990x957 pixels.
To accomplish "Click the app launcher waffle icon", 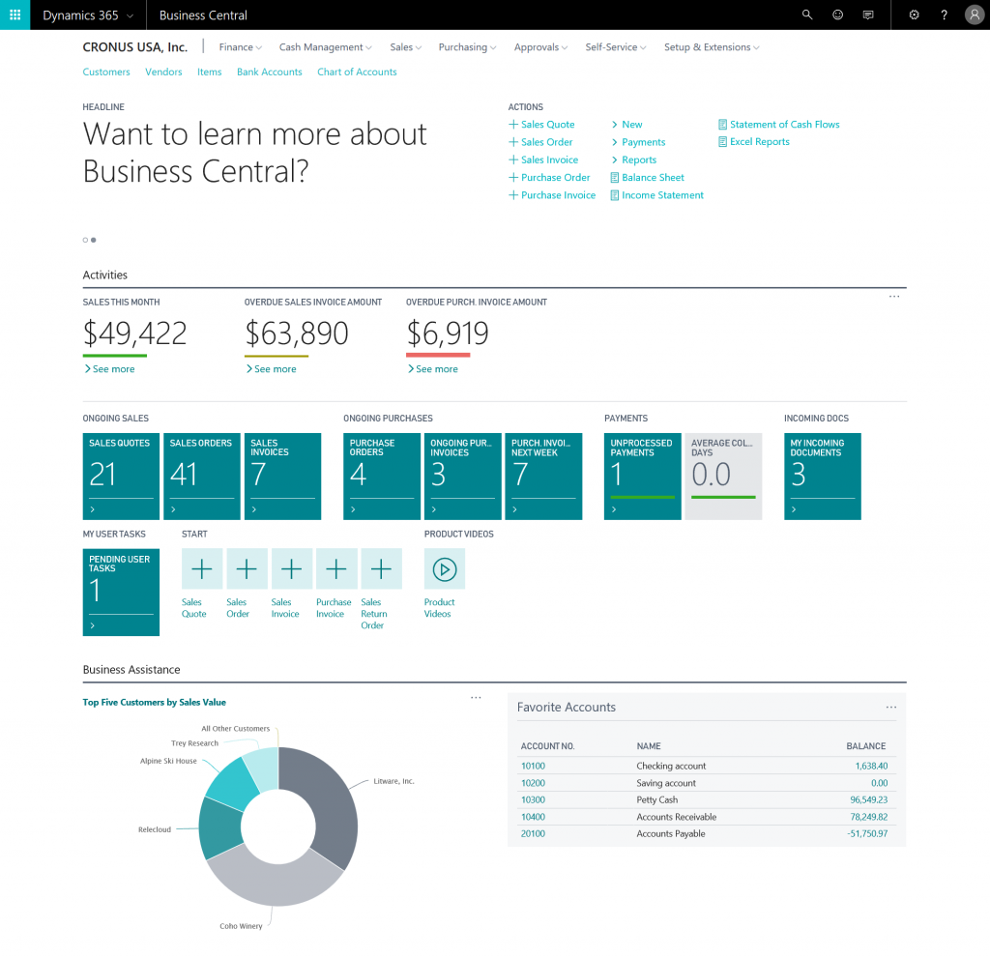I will (x=15, y=14).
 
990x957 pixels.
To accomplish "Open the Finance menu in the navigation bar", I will (x=240, y=47).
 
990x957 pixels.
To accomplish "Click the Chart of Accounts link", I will (x=357, y=72).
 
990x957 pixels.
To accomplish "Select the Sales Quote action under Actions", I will (x=547, y=125).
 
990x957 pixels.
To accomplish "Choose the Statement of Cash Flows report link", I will (x=784, y=125).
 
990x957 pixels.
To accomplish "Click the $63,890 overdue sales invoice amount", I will (x=296, y=333).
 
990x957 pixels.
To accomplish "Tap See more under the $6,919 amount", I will (x=436, y=369).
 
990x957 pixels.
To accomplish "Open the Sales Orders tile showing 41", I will (x=201, y=476).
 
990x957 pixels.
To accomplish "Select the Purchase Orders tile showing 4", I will (x=381, y=476).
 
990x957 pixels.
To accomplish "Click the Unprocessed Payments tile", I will (x=642, y=476).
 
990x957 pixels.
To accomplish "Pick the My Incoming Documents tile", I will (x=822, y=476).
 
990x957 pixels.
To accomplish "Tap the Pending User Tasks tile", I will (x=121, y=592).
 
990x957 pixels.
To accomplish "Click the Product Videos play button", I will (x=444, y=569).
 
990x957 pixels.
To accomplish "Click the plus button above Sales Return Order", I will (x=381, y=569).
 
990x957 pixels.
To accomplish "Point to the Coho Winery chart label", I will (x=241, y=926).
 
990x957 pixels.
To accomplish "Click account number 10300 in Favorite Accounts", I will (x=533, y=800).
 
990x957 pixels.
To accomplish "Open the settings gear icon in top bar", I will (x=915, y=14).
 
